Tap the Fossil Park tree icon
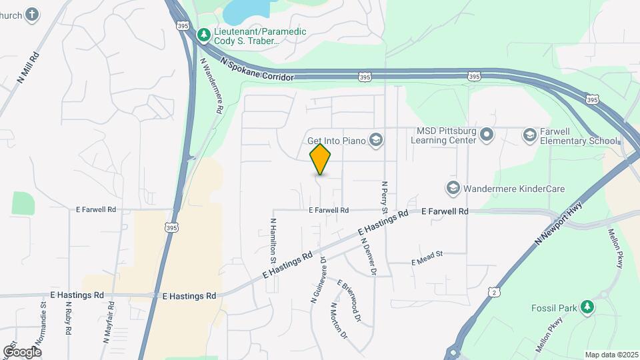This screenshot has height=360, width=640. click(587, 307)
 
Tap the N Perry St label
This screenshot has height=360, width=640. click(385, 197)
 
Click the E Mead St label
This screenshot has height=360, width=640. click(427, 258)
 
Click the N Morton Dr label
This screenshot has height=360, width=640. click(339, 321)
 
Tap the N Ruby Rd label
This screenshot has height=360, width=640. click(68, 317)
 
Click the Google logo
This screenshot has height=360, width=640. click(22, 351)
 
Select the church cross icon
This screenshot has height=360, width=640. click(32, 14)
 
